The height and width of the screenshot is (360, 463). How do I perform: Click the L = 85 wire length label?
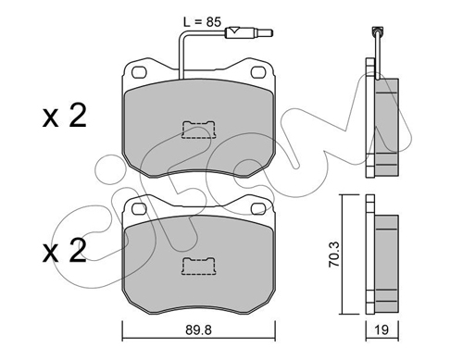coord(203,22)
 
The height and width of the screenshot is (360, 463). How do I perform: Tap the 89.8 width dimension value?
coord(198,330)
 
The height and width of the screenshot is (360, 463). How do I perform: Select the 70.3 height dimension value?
coord(334,254)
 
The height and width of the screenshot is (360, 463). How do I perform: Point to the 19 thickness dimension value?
coord(382,330)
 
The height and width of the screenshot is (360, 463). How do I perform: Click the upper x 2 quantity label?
coord(64,116)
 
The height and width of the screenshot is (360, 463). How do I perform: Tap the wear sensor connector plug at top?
coord(249,32)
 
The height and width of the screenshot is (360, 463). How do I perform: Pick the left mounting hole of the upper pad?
coord(139,72)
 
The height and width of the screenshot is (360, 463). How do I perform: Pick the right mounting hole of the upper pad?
coord(258,72)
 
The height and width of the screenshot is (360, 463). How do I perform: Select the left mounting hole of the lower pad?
coord(139,209)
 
